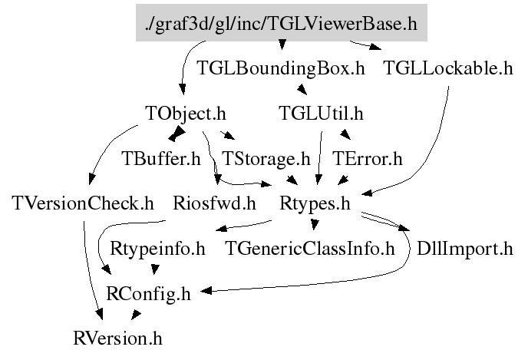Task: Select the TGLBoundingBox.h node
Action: point(280,68)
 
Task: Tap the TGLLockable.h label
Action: point(447,68)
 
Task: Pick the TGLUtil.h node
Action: point(320,113)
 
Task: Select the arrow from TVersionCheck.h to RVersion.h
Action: point(87,269)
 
